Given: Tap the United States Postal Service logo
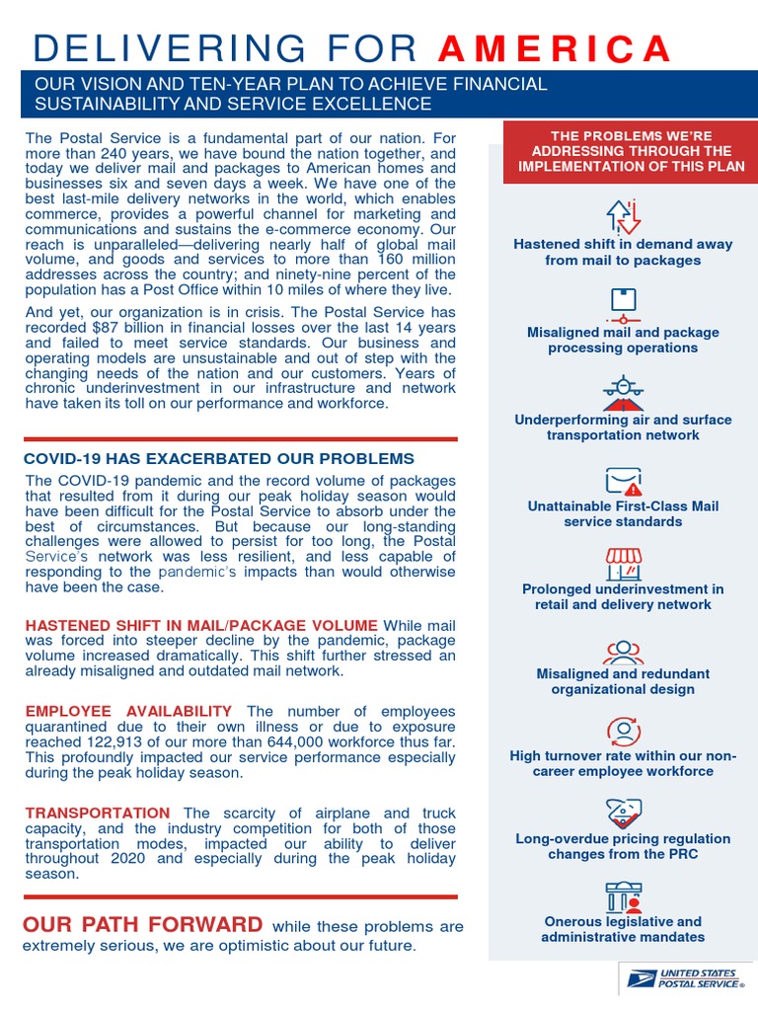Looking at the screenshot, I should pos(683,978).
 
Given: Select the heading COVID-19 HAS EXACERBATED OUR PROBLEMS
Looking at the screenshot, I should pos(218,459).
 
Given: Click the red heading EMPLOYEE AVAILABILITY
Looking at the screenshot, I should pos(128,711).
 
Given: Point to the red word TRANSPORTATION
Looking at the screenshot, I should pos(91,814).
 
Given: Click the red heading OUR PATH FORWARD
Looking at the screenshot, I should pos(143,925).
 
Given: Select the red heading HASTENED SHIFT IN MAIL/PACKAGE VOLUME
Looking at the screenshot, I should pos(201,625).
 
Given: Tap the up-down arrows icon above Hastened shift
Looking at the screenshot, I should pos(623,214).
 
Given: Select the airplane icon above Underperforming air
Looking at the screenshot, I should pos(623,391).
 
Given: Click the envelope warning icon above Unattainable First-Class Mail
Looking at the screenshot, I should pos(623,481).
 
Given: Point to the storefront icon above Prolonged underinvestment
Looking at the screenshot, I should pos(623,564).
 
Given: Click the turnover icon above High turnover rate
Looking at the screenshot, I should pos(623,731).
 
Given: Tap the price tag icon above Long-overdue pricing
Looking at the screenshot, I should pos(623,813).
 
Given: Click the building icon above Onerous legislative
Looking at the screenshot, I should pos(623,896).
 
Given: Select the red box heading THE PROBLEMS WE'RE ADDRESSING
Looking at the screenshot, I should pos(623,151).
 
